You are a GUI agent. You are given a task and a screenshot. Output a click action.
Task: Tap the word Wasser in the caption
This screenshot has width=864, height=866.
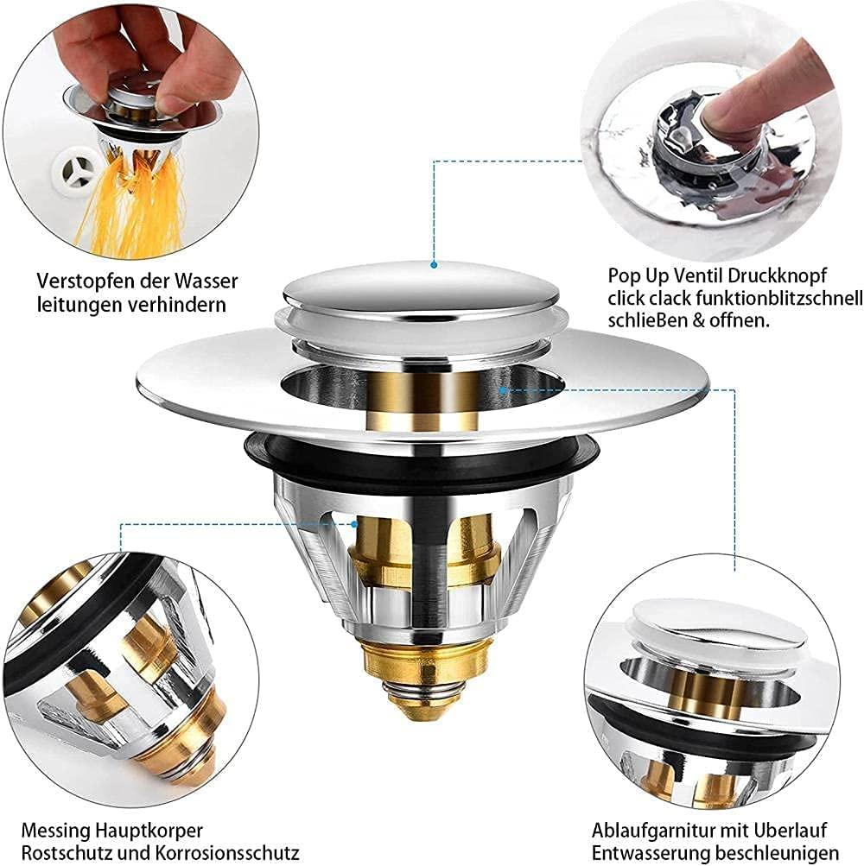[x=206, y=281]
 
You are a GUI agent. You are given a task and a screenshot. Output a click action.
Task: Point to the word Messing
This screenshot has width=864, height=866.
[x=56, y=830]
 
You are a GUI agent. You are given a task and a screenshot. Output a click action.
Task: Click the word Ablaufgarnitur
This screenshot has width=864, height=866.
[x=648, y=830]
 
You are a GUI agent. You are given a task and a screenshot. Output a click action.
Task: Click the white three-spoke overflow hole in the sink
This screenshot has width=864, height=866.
[x=77, y=171]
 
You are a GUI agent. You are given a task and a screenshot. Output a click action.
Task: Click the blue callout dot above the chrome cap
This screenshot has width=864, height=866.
[x=435, y=264]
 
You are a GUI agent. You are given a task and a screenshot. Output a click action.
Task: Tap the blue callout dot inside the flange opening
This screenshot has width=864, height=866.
[x=503, y=390]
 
